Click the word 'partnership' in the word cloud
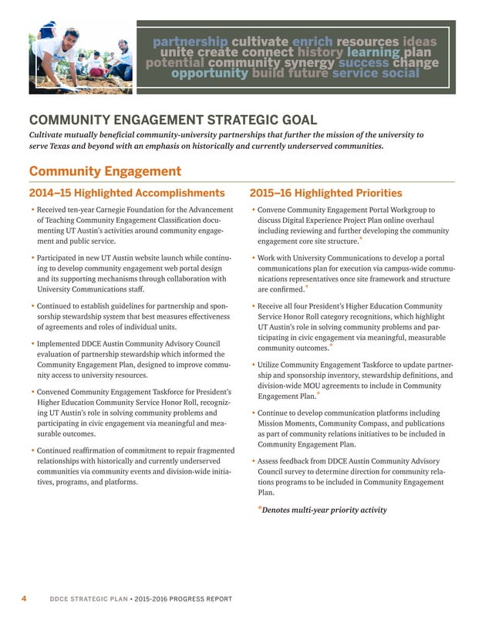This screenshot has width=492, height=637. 190,40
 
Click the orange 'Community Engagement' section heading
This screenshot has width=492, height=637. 105,171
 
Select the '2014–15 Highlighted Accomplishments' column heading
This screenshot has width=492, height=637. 126,193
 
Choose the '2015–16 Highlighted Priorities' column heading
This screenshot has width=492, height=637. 325,193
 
